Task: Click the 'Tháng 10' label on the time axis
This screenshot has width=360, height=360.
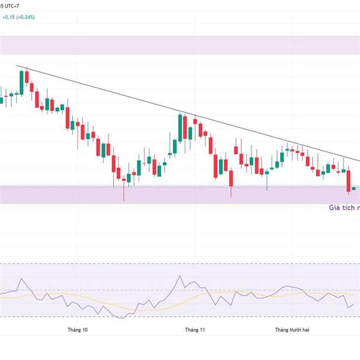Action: click(x=77, y=329)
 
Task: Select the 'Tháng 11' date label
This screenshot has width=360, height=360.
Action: click(x=195, y=329)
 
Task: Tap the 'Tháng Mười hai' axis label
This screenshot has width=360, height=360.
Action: click(x=293, y=329)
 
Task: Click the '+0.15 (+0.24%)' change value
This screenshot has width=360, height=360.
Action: click(x=19, y=17)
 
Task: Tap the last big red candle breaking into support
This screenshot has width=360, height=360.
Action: click(x=348, y=181)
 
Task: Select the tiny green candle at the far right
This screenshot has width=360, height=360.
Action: click(x=355, y=188)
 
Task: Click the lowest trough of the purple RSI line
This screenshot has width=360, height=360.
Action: click(x=123, y=319)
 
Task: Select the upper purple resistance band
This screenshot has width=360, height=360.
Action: click(x=180, y=45)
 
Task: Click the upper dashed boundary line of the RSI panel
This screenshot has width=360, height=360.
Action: click(x=180, y=263)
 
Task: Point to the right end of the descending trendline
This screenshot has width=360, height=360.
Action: click(x=359, y=161)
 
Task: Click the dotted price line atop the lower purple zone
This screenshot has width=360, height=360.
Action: click(x=180, y=186)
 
